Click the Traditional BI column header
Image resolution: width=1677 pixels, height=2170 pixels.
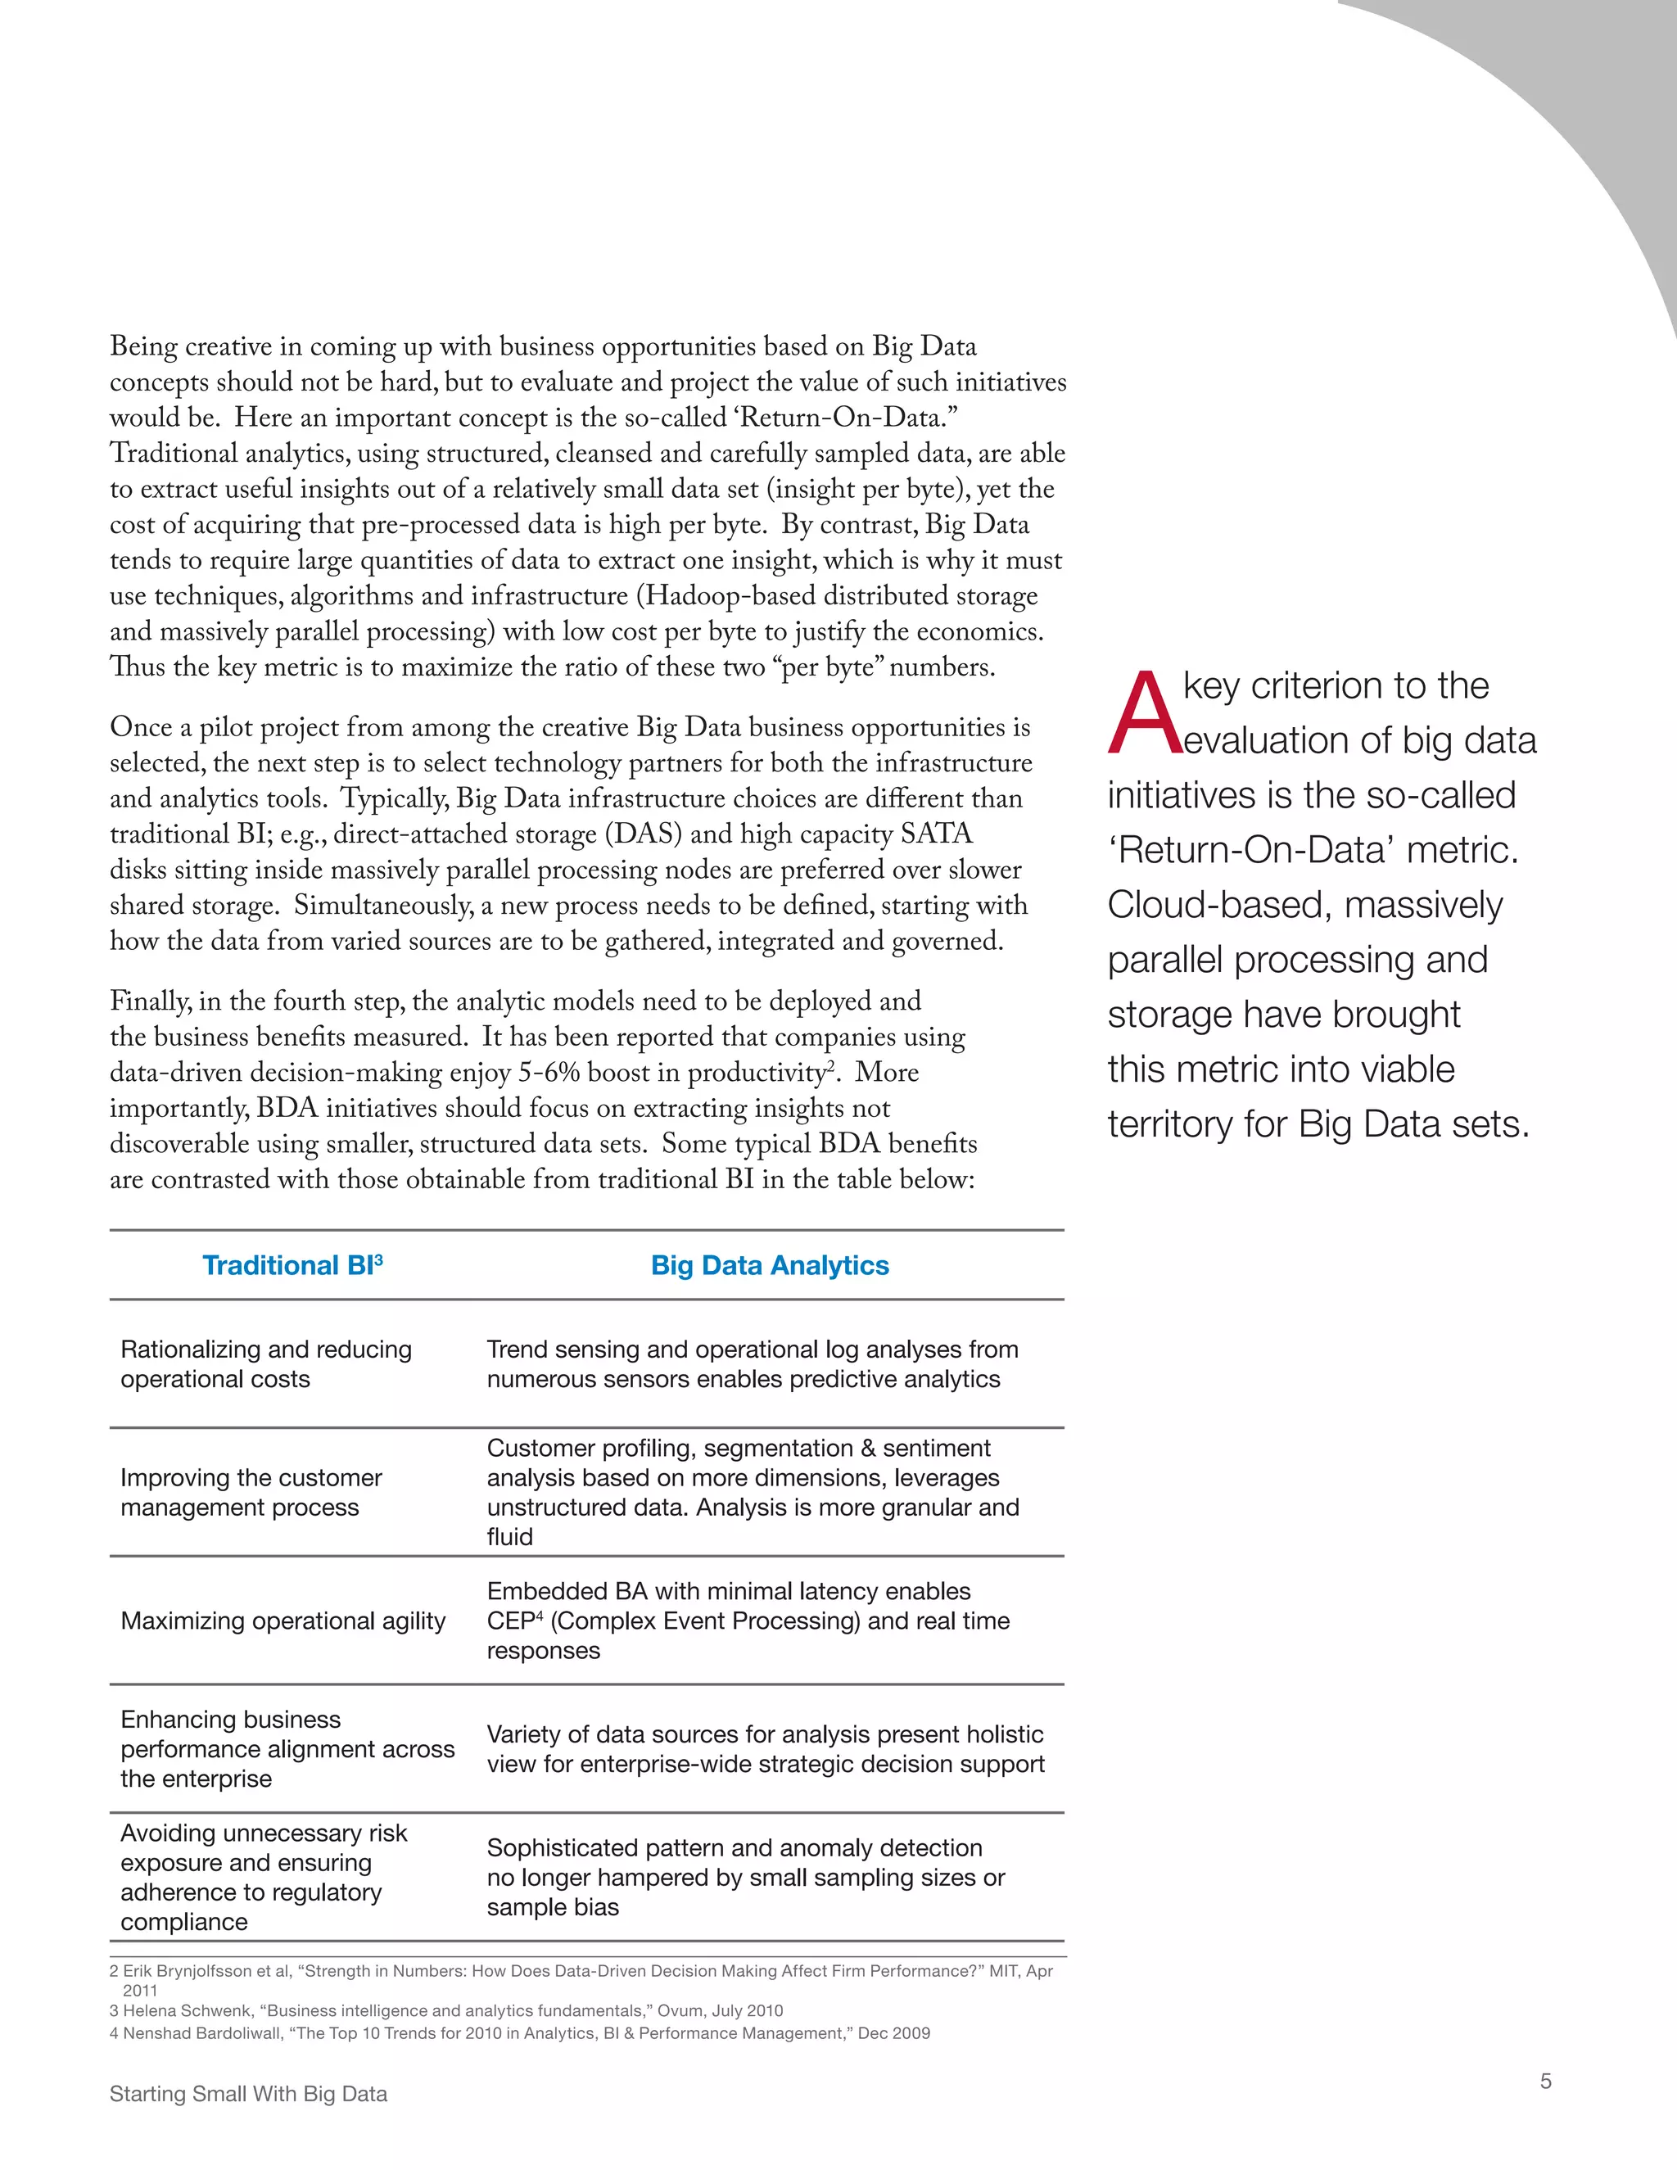pyautogui.click(x=292, y=1265)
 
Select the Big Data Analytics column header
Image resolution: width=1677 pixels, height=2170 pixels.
pyautogui.click(x=769, y=1265)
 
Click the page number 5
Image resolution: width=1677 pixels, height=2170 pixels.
pyautogui.click(x=1545, y=2081)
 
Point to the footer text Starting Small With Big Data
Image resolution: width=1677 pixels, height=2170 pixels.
pyautogui.click(x=248, y=2094)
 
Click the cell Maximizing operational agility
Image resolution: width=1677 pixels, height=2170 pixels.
pyautogui.click(x=283, y=1621)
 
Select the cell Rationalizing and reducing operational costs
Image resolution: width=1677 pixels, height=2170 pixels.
pyautogui.click(x=265, y=1363)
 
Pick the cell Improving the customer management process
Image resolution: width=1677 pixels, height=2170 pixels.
pyautogui.click(x=251, y=1491)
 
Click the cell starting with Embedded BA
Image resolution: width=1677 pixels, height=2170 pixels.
pyautogui.click(x=747, y=1621)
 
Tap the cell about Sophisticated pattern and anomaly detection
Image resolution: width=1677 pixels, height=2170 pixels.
pyautogui.click(x=745, y=1877)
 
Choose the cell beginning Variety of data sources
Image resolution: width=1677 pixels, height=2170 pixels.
pyautogui.click(x=765, y=1749)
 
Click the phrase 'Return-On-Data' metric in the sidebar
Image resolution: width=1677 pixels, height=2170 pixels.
pyautogui.click(x=1312, y=851)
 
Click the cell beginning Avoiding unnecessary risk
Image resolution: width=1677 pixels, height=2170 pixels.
pyautogui.click(x=264, y=1877)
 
